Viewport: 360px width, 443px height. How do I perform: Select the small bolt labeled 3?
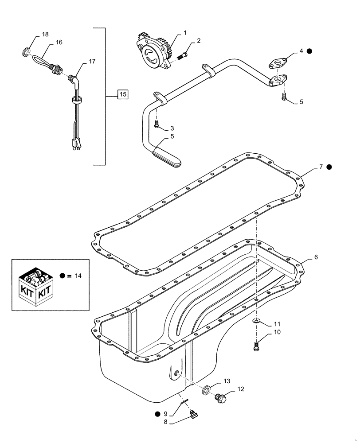157,126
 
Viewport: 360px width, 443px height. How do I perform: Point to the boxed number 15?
123,94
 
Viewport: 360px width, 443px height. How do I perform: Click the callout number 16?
59,42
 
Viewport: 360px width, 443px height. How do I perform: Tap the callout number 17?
92,61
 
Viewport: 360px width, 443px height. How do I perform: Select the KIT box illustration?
34,285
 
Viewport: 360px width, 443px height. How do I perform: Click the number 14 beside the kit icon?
78,276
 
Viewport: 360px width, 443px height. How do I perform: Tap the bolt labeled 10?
257,347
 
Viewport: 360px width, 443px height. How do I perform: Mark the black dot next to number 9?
158,414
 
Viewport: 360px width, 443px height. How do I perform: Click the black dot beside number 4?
309,51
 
